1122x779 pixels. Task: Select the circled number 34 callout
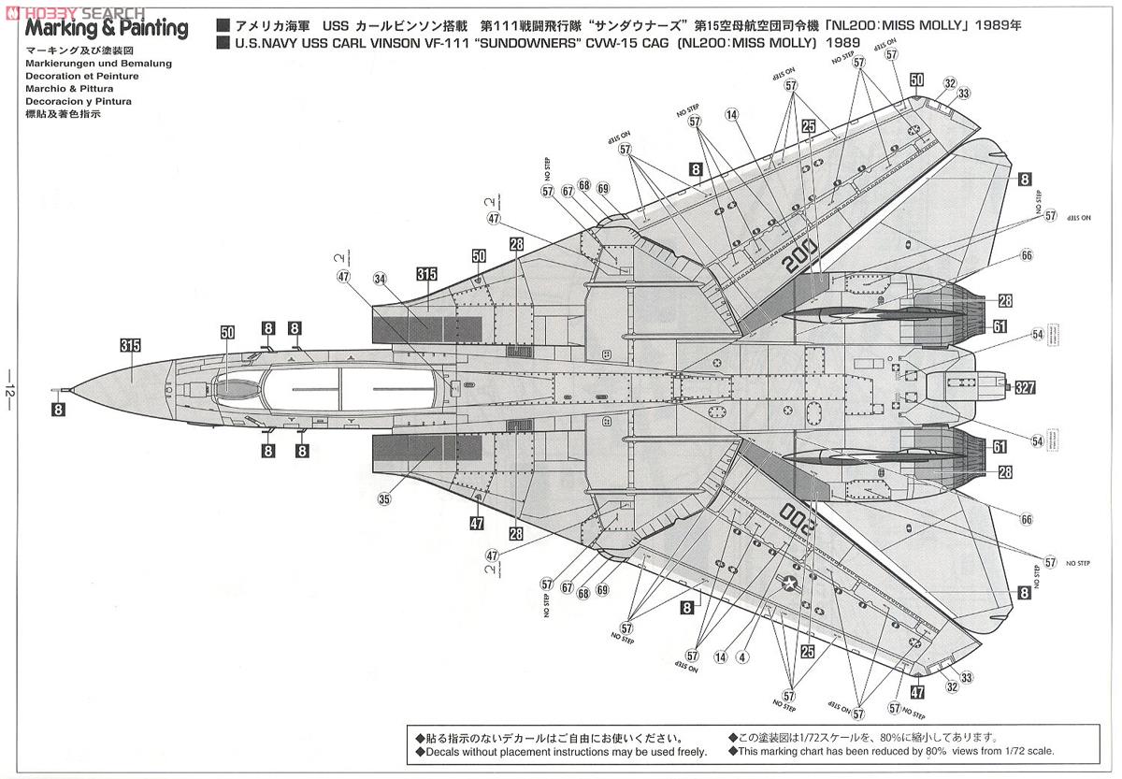pos(379,278)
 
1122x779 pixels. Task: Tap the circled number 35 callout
pos(384,499)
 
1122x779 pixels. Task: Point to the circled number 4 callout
pos(741,657)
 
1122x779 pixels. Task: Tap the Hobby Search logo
pos(73,11)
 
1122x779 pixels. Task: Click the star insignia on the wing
pos(790,584)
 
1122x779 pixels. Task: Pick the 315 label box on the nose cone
pos(131,346)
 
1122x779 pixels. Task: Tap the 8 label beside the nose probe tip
pos(58,408)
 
